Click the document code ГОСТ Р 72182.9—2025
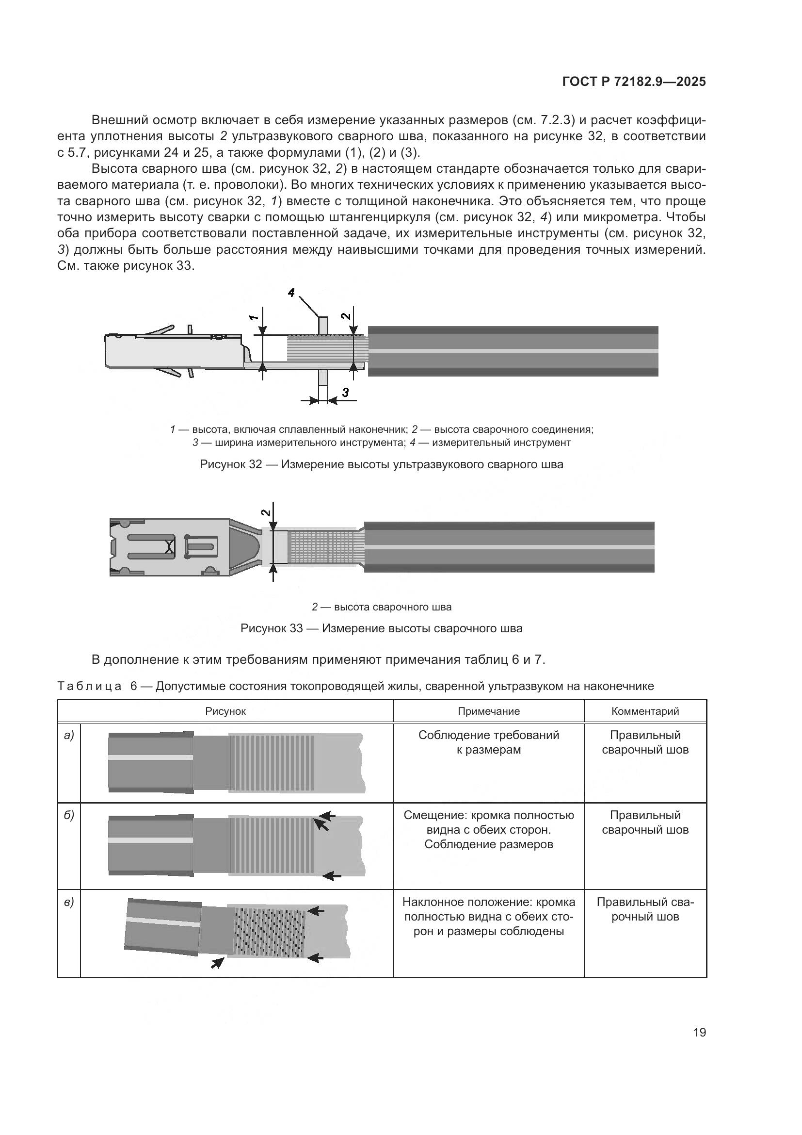coord(634,82)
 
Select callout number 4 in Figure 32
coord(291,293)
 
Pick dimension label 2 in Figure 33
coord(266,512)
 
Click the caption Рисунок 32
coord(381,464)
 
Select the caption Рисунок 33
coord(381,628)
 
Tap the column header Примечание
coord(488,711)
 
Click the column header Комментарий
coord(645,711)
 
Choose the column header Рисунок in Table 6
coord(225,711)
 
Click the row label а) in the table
coord(69,736)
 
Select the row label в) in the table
coord(69,903)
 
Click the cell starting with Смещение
coord(488,829)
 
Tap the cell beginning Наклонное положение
coord(488,917)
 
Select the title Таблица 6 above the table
coord(355,686)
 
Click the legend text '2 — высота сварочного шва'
coord(381,607)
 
